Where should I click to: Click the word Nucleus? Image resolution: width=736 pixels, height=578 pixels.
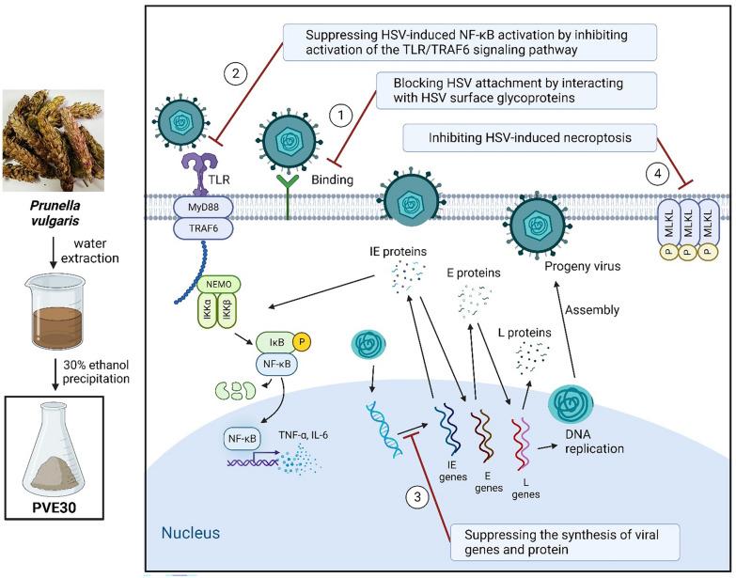click(191, 534)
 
